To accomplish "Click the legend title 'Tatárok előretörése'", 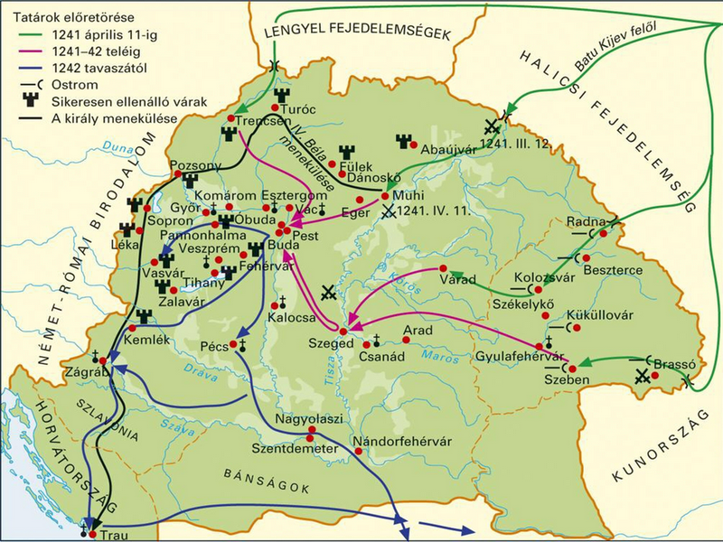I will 61,10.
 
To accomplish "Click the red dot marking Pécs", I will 241,345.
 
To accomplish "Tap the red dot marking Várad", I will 443,269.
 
